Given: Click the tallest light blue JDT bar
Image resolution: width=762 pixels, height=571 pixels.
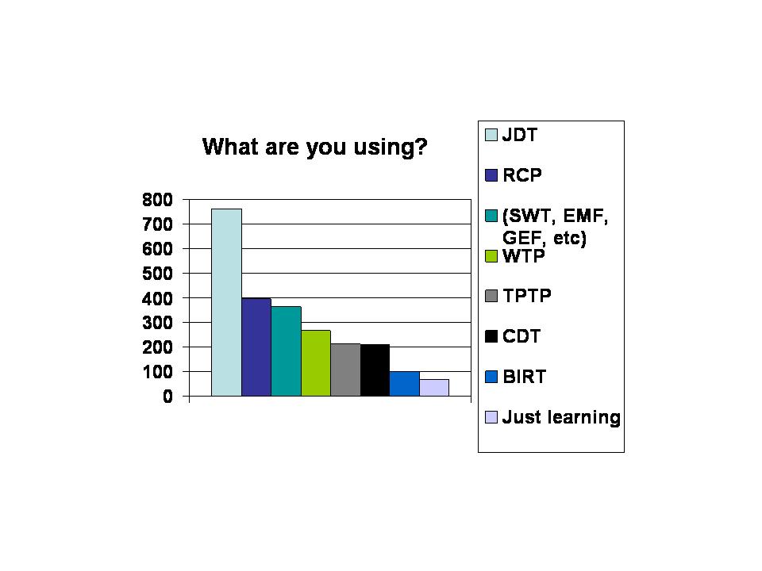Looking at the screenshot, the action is click(226, 302).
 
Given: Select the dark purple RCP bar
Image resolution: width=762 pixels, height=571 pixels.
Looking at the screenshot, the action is click(256, 347).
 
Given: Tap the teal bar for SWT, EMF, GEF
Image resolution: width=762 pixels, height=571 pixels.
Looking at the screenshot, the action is click(287, 351).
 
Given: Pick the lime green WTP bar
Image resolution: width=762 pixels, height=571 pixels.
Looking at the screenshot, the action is click(316, 363).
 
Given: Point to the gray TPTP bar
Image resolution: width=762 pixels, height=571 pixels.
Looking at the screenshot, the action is click(345, 370).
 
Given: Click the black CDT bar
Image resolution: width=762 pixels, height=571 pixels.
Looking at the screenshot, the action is click(375, 370).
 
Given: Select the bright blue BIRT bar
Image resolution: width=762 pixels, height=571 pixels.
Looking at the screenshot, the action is click(405, 384).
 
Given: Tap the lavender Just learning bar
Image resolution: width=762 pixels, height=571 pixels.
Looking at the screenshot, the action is click(434, 388).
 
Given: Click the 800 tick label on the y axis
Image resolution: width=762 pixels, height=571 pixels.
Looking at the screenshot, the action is click(157, 200).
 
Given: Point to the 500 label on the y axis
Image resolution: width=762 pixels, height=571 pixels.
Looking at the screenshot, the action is click(157, 274).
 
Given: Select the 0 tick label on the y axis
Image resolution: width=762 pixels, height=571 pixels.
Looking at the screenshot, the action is click(167, 397).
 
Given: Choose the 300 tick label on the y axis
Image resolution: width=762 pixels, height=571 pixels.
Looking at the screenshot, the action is click(157, 323).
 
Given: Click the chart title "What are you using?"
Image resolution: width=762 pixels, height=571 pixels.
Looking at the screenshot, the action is click(315, 146).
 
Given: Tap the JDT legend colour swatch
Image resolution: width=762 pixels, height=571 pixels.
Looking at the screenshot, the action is click(491, 135).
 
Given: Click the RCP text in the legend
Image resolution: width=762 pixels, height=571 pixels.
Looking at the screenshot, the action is click(522, 174).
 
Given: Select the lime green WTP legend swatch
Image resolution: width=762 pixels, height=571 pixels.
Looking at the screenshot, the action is click(491, 256).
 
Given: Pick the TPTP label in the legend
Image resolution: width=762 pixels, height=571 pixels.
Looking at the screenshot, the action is click(527, 296).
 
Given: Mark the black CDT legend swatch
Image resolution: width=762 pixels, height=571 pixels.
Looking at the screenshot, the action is click(491, 336).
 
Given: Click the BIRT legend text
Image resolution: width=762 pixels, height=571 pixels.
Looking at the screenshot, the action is click(525, 376).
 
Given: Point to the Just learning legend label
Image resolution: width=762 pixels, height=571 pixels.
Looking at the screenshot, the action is click(561, 417).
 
